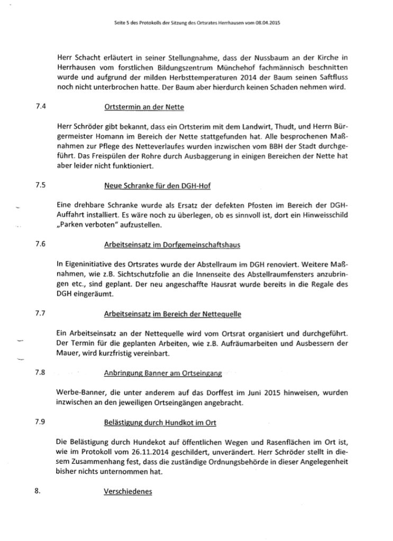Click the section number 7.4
pos(39,106)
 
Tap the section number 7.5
pos(39,186)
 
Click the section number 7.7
pos(39,313)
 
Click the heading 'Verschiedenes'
pos(128,491)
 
